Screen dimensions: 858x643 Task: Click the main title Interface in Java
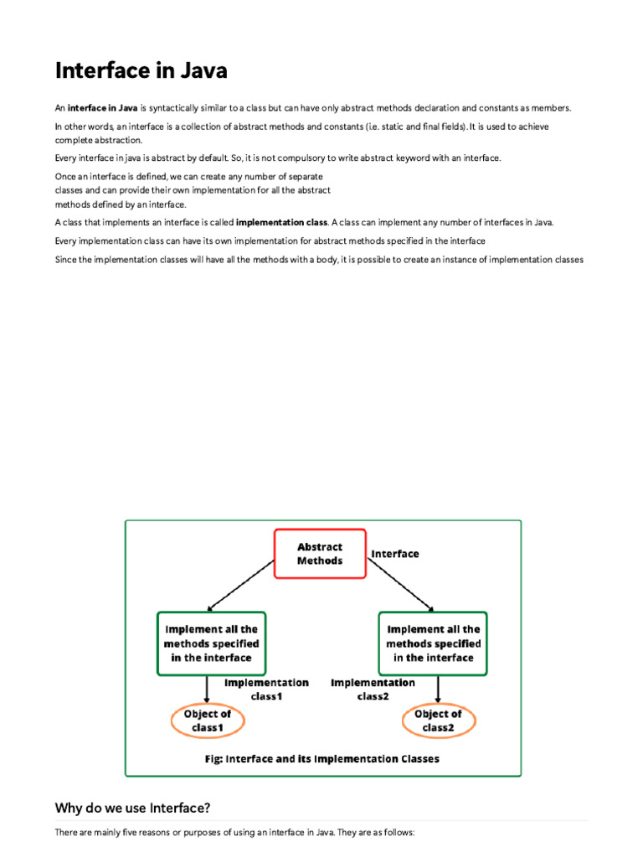141,70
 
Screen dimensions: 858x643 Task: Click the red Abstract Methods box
320,554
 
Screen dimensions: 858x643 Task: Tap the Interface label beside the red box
395,554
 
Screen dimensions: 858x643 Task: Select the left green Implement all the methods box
211,643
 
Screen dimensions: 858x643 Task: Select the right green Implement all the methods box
433,643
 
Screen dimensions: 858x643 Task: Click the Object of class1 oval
207,721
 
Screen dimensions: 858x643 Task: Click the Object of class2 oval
438,721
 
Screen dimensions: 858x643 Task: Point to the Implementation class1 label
266,690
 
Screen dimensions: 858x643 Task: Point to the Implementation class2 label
373,690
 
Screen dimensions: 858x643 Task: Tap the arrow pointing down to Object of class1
207,689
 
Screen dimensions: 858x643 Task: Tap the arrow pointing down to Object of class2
438,689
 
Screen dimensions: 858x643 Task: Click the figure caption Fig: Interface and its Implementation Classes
322,759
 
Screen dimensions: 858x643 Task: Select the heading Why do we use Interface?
132,808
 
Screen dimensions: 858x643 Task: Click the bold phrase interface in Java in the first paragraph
103,108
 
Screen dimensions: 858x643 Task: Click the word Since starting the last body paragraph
66,260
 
